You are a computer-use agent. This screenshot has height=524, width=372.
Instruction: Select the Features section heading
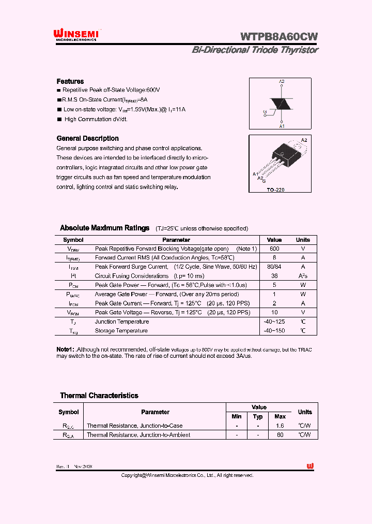tap(70, 81)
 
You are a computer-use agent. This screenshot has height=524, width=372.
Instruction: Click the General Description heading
tap(87, 138)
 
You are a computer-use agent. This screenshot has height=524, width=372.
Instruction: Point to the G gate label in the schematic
tap(265, 112)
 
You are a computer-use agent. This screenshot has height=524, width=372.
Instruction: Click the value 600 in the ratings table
tap(274, 249)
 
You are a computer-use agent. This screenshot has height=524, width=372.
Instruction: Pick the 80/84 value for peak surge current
tap(274, 267)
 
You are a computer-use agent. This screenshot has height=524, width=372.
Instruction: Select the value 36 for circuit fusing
tap(274, 276)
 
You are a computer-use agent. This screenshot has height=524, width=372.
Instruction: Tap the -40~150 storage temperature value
tap(274, 330)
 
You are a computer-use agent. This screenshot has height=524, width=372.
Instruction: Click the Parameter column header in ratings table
tap(176, 240)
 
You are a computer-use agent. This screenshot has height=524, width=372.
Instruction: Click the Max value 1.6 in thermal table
tap(280, 426)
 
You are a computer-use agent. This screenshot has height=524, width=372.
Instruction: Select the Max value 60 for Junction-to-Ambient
tap(280, 435)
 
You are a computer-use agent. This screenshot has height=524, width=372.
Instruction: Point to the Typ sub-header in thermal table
tap(258, 416)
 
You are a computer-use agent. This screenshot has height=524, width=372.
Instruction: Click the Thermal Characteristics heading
tap(99, 396)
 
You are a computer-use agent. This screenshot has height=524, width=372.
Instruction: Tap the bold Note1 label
tap(66, 350)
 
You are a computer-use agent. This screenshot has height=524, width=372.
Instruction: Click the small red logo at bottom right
tap(310, 466)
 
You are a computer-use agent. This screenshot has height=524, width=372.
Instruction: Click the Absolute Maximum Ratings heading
tap(104, 228)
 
